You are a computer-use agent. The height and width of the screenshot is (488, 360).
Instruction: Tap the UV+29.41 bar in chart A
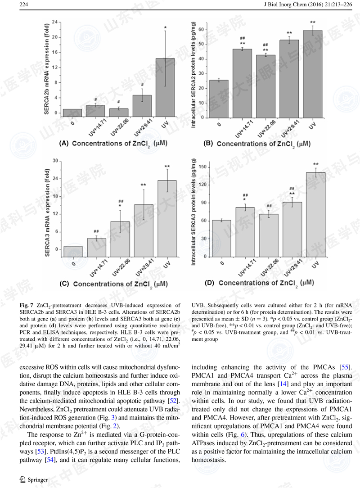point(142,102)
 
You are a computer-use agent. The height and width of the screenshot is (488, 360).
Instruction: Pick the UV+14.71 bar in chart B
point(242,83)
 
